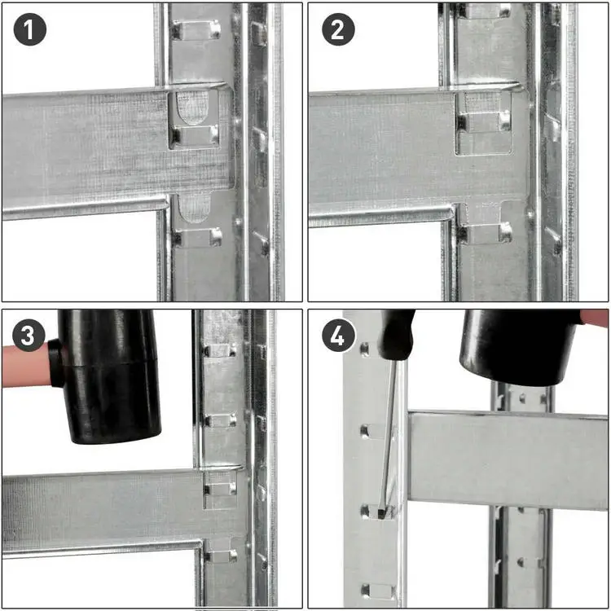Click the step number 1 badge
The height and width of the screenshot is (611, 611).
tap(30, 29)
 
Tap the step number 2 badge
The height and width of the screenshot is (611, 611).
tap(338, 29)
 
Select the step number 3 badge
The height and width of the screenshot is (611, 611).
tap(29, 335)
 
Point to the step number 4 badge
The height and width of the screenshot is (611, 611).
tap(338, 335)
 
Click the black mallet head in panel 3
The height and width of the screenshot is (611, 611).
tap(108, 376)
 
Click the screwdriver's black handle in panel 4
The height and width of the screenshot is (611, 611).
tap(398, 334)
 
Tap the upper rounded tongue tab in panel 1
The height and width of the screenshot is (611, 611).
tap(192, 108)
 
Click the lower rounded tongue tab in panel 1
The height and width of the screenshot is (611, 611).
tap(194, 209)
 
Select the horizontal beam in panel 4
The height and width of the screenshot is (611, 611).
tap(508, 459)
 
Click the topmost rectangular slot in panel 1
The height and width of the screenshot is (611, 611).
tap(196, 30)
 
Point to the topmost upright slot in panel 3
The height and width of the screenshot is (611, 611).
tap(220, 350)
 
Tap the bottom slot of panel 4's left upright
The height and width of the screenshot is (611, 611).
tap(378, 591)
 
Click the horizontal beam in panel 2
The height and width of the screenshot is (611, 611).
tap(419, 156)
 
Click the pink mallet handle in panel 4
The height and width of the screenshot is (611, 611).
tap(595, 318)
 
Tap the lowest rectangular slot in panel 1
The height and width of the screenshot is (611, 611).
tap(197, 238)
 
